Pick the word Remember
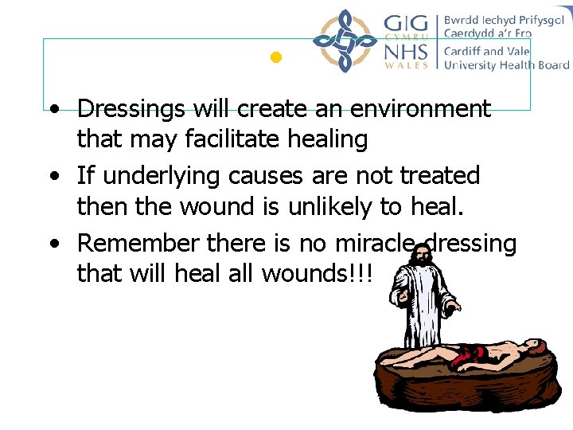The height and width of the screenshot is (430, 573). click(x=138, y=242)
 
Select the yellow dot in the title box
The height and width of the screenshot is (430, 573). click(x=276, y=57)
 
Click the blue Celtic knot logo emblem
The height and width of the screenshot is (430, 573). click(x=344, y=41)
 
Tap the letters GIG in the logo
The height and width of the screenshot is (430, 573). click(x=406, y=23)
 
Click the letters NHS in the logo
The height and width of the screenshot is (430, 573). click(x=406, y=53)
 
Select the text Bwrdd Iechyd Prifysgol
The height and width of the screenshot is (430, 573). click(x=501, y=20)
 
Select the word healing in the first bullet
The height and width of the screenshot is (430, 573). click(x=327, y=140)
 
